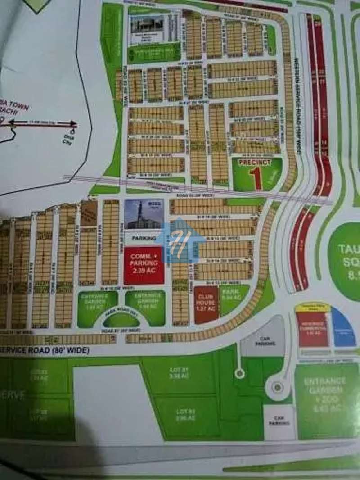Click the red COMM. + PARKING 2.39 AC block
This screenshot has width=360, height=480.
click(144, 266)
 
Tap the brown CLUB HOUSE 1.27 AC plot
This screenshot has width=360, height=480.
click(206, 304)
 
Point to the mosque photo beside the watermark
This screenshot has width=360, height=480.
click(144, 214)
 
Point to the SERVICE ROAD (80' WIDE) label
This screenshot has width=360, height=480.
click(45, 350)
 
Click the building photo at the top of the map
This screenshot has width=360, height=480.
click(147, 30)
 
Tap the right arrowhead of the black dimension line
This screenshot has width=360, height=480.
click(73, 123)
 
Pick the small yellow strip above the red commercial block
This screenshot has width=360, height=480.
click(313, 308)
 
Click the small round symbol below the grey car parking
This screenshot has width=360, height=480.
click(240, 373)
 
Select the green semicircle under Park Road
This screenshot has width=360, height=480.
click(121, 319)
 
